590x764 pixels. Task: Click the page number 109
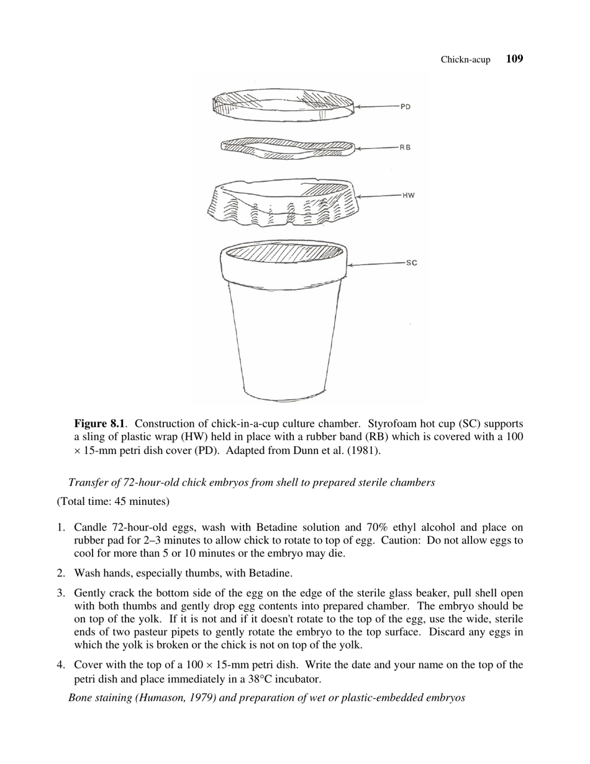click(514, 59)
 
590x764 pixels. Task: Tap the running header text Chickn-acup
click(465, 60)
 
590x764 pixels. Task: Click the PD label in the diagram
click(405, 106)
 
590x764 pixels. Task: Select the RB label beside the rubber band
click(404, 147)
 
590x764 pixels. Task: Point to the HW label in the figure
click(408, 195)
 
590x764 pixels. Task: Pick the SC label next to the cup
click(411, 263)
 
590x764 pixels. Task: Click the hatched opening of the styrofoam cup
click(283, 254)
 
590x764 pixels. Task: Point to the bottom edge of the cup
click(284, 396)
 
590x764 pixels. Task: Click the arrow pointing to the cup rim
click(375, 264)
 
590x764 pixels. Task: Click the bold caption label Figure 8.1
click(100, 424)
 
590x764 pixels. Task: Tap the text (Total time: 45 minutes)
click(113, 501)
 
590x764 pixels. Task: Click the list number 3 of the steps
click(61, 593)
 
